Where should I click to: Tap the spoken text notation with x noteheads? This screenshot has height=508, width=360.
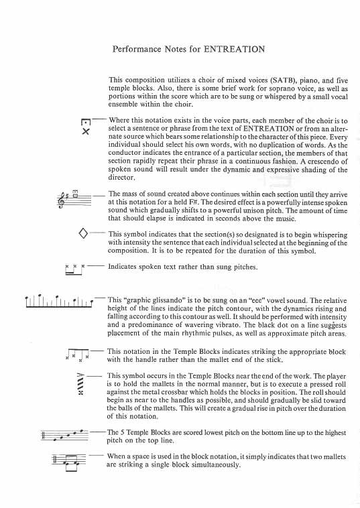click(75, 269)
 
